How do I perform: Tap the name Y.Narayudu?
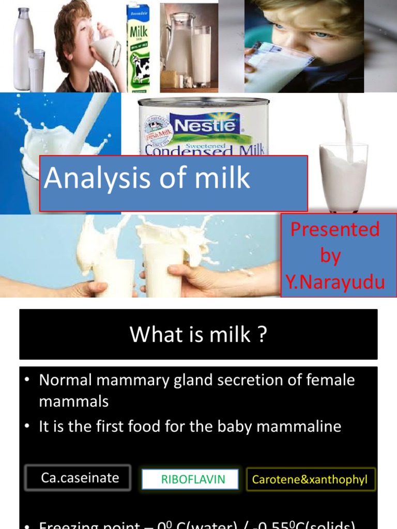[335, 283]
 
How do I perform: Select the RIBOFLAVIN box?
[190, 479]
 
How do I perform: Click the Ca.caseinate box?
[80, 478]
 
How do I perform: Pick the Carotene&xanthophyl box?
[310, 479]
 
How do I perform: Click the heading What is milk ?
[198, 335]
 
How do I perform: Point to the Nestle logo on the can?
[206, 126]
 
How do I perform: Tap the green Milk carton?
[138, 46]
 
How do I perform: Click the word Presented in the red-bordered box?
[335, 229]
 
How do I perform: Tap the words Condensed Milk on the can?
[204, 149]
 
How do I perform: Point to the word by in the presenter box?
[331, 256]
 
